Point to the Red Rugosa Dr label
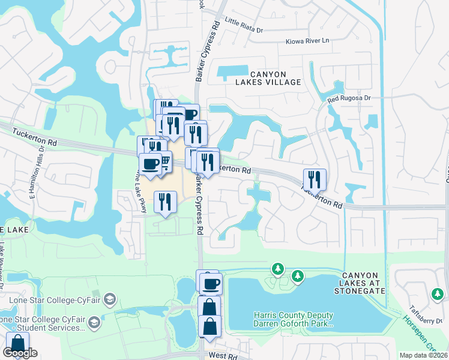350,98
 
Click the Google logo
20,353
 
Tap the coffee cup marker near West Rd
211,283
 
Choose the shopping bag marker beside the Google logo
17,344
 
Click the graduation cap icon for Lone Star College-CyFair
109,298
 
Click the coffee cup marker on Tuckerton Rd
150,164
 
